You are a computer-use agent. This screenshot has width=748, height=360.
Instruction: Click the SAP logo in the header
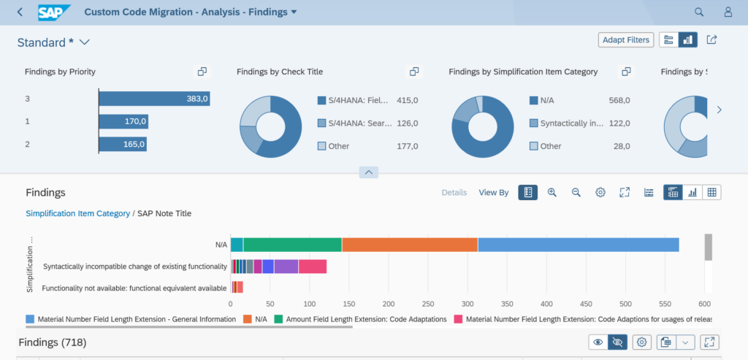(x=55, y=12)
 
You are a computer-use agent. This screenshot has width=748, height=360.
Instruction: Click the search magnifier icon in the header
(x=699, y=12)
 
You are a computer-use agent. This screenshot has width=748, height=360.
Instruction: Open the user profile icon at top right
(x=728, y=12)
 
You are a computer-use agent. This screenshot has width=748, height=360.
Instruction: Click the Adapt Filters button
(x=625, y=40)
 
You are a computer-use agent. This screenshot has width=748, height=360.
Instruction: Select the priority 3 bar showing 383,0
(x=154, y=99)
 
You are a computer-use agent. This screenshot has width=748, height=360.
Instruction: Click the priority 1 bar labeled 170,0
(x=123, y=121)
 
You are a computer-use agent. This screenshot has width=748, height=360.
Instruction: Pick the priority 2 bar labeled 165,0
(x=122, y=145)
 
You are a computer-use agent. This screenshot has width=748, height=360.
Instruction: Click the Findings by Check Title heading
(x=280, y=72)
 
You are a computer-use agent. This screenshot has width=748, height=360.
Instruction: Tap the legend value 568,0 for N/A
(x=619, y=100)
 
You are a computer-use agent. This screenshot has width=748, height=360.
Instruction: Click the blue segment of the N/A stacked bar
(x=578, y=245)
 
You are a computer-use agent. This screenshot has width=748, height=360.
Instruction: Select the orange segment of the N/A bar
(x=409, y=245)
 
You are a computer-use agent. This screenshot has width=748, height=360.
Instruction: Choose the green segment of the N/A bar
(x=292, y=245)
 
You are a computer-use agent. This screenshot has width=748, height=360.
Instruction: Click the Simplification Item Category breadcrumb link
(x=77, y=213)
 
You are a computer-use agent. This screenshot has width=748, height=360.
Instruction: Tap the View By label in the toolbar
(x=494, y=193)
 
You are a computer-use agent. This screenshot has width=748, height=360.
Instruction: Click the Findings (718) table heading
(x=53, y=342)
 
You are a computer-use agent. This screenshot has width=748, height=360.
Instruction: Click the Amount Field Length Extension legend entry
(x=365, y=319)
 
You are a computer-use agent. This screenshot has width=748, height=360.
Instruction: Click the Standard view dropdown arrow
(x=84, y=42)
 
